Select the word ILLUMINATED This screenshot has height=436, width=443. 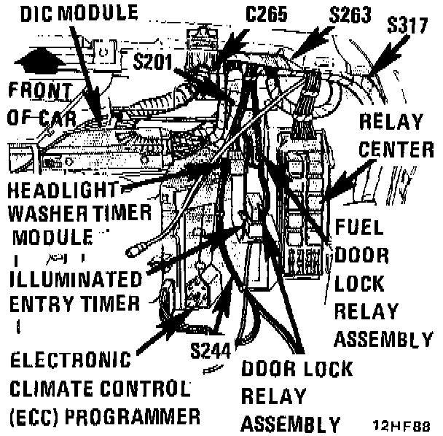[77, 280]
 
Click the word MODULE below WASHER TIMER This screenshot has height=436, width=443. [52, 237]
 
